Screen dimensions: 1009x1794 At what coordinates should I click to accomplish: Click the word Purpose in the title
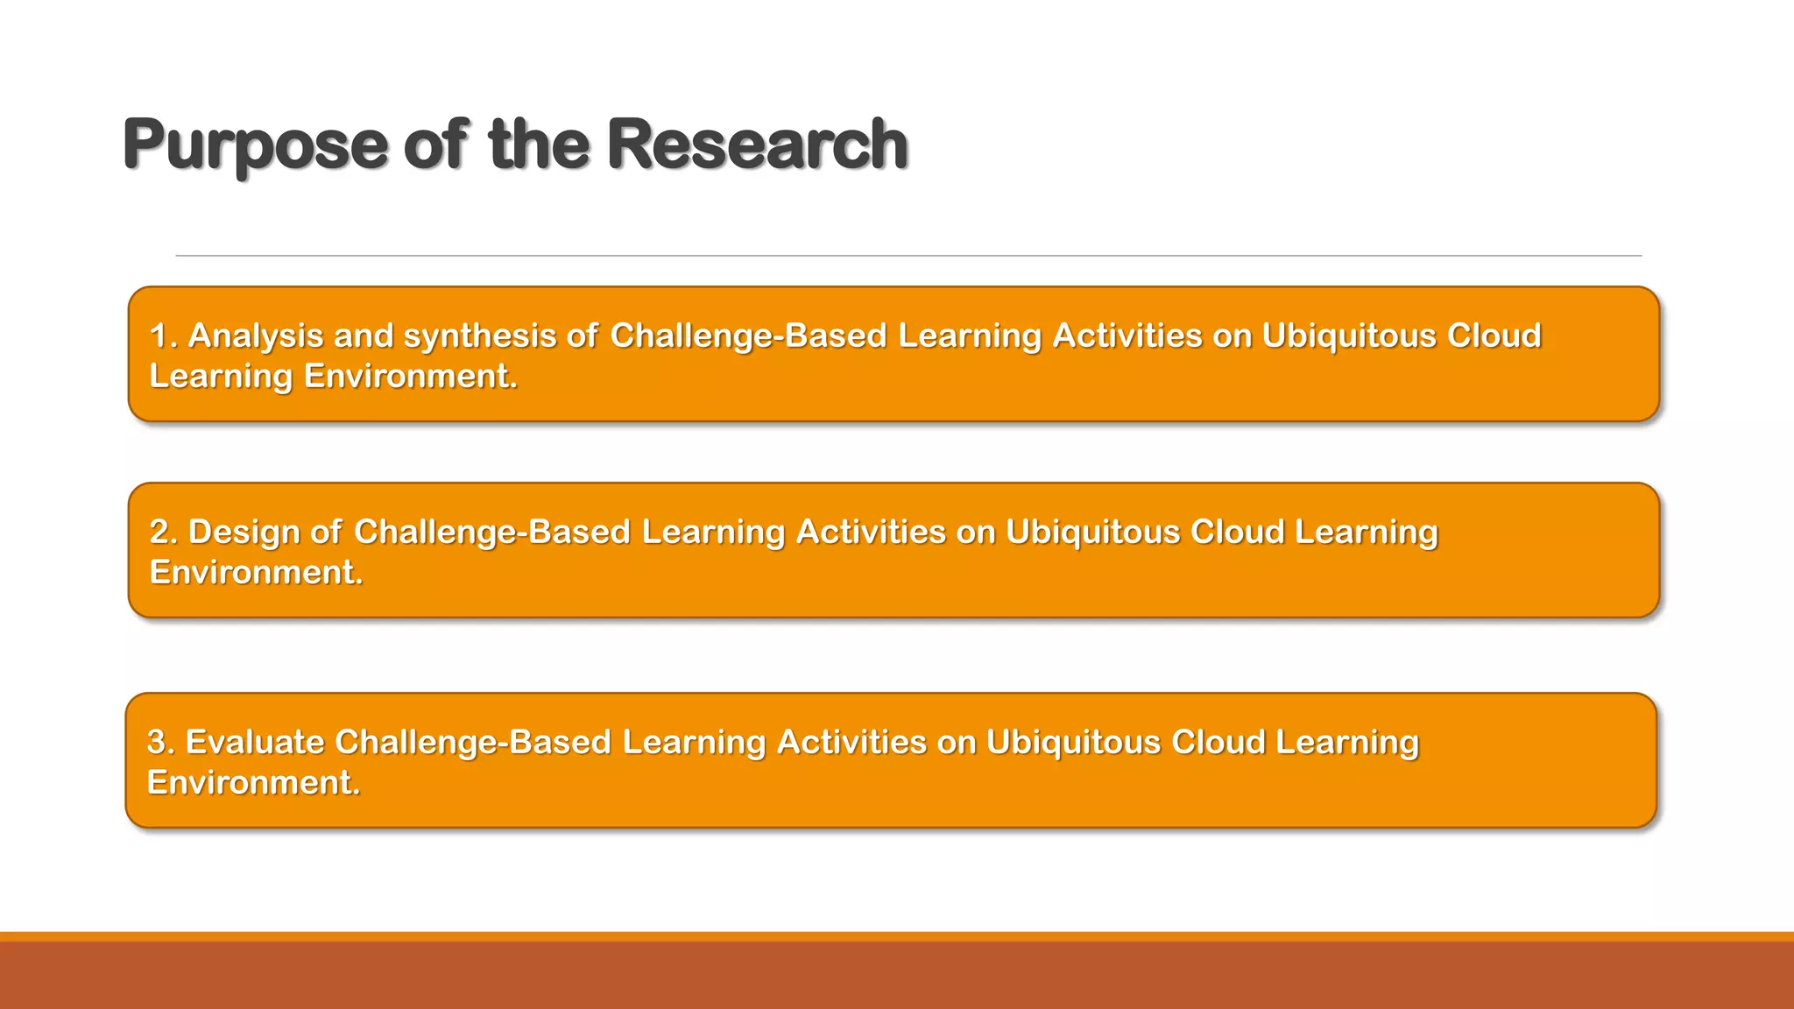pyautogui.click(x=254, y=145)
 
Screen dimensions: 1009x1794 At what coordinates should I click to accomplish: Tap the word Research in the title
pyautogui.click(x=757, y=144)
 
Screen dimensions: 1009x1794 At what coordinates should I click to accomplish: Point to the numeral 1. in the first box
pyautogui.click(x=163, y=336)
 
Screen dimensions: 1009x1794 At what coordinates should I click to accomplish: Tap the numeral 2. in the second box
pyautogui.click(x=163, y=533)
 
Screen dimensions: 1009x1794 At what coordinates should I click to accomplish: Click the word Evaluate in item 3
pyautogui.click(x=255, y=743)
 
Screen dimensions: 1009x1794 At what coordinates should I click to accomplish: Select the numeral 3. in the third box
pyautogui.click(x=161, y=743)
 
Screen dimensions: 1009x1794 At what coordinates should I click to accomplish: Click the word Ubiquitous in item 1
pyautogui.click(x=1349, y=336)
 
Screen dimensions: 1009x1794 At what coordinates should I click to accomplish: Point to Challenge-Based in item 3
pyautogui.click(x=473, y=743)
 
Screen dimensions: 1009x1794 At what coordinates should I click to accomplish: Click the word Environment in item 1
pyautogui.click(x=410, y=377)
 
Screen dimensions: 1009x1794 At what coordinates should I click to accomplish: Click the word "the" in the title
pyautogui.click(x=539, y=144)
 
